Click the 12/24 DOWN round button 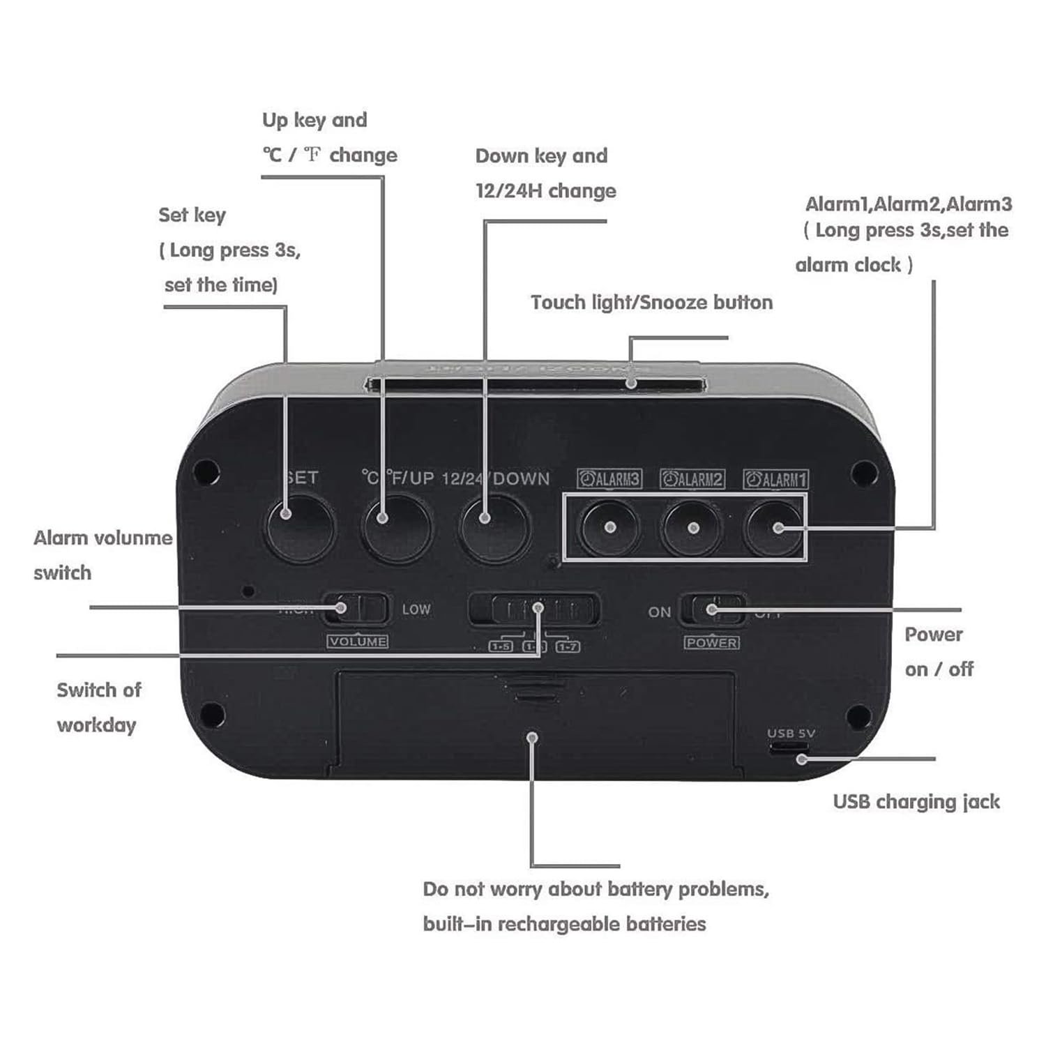pos(494,528)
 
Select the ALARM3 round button pos(610,528)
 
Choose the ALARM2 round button pos(692,528)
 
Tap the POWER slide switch pos(713,610)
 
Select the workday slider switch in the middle pos(534,610)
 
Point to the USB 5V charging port pos(789,747)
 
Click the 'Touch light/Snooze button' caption pos(651,303)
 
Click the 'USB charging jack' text pos(916,802)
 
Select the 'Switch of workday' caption pos(98,707)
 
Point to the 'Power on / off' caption pos(938,651)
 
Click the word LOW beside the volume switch pos(416,609)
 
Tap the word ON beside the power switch pos(659,612)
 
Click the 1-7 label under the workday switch pos(568,646)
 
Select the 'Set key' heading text pos(192,215)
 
